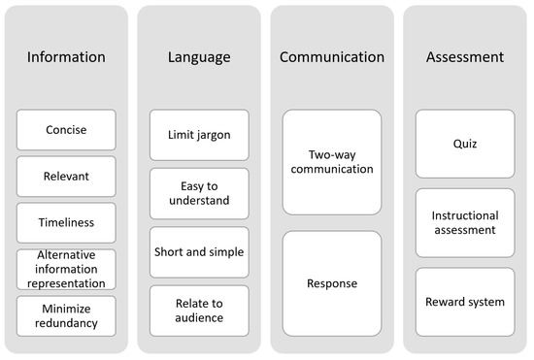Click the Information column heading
tap(66, 57)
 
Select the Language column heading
tap(199, 57)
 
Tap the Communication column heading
tap(332, 57)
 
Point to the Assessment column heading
tap(465, 57)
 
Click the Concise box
tap(66, 130)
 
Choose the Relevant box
tap(66, 177)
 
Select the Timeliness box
tap(66, 222)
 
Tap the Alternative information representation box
tap(66, 269)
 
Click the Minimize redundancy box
tap(66, 315)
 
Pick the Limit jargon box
tap(199, 135)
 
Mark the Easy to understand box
tap(199, 193)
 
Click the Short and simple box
tap(199, 251)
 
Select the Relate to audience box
tap(199, 310)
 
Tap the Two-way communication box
tap(332, 162)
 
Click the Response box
tap(332, 284)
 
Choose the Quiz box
tap(465, 144)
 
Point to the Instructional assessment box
tap(465, 223)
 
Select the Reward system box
tap(465, 302)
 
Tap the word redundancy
tap(66, 323)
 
